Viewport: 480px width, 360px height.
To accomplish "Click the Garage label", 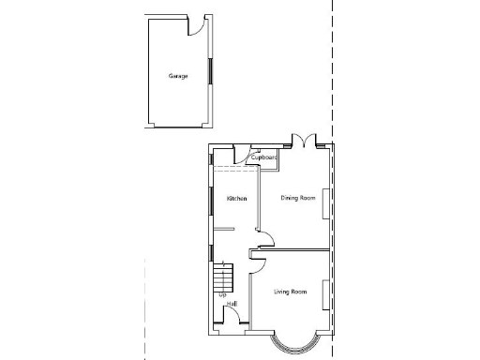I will tap(178, 76).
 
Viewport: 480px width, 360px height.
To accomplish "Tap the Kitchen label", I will tap(236, 199).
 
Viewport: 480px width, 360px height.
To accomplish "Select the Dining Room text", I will tap(298, 199).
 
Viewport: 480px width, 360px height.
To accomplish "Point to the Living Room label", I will tap(291, 292).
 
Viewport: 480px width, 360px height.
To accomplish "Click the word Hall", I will tap(231, 304).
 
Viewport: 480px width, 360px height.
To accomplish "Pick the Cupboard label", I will tap(263, 158).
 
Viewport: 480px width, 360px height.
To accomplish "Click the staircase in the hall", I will tap(223, 278).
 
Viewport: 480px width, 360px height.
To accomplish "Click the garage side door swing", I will tap(197, 25).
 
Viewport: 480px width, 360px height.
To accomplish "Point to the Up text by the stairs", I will tap(223, 296).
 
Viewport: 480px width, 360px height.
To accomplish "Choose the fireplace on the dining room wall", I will tap(326, 203).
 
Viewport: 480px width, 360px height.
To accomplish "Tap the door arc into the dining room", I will tap(265, 238).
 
